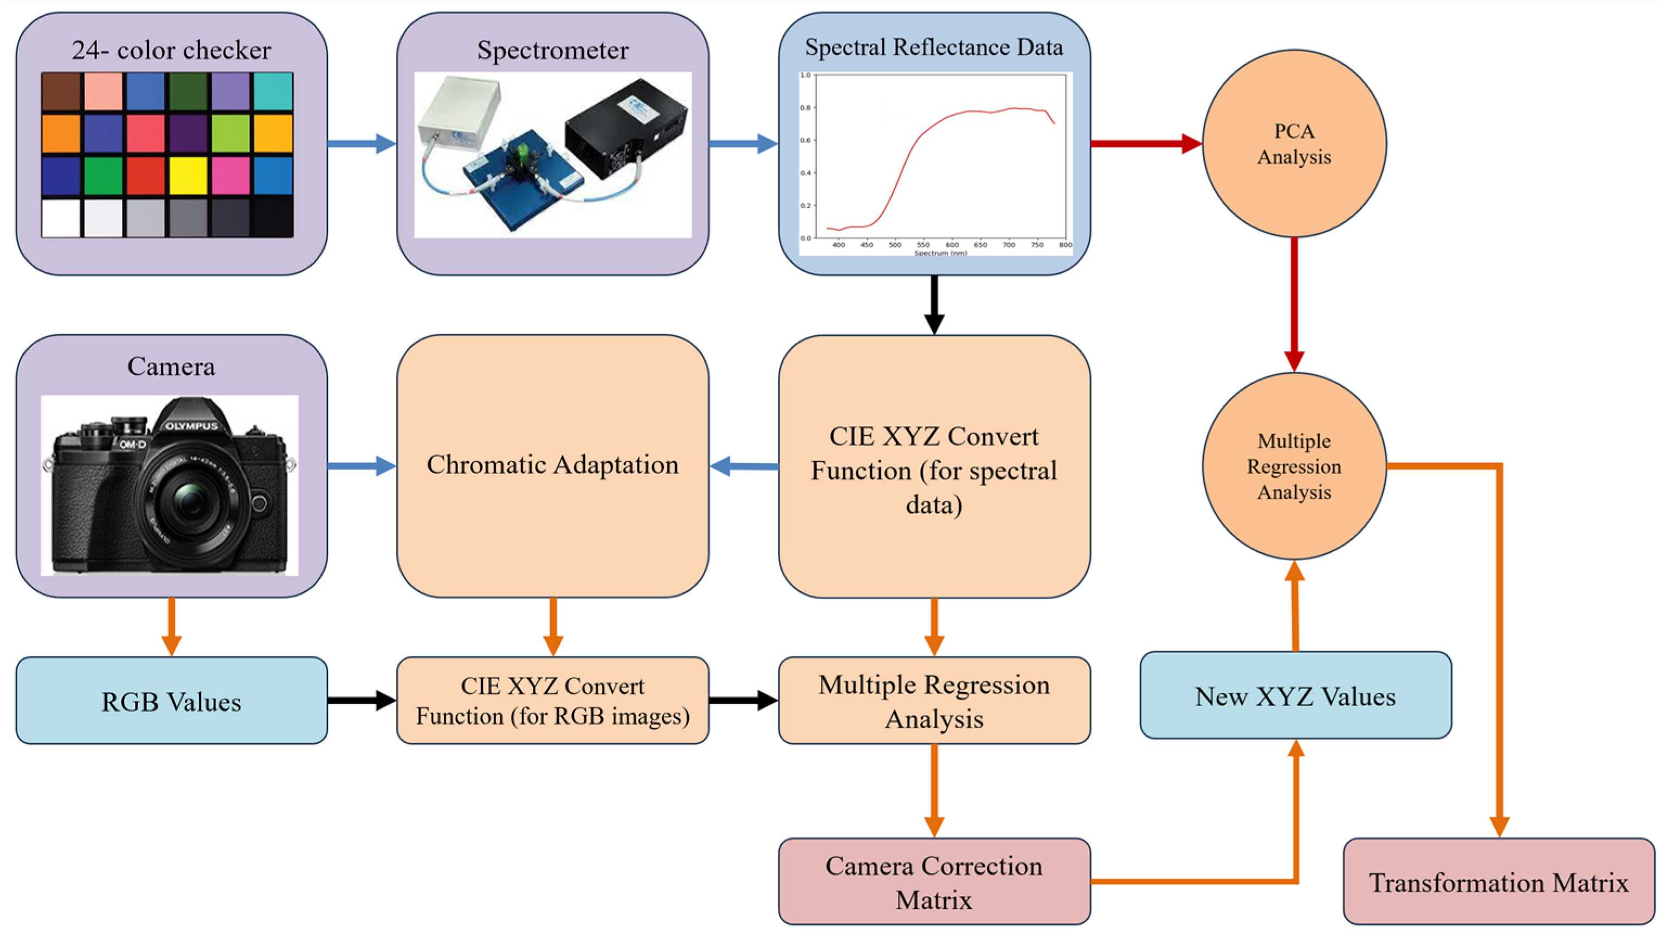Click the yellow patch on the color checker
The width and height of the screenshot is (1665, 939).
tap(188, 175)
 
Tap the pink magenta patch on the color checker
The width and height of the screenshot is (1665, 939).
tap(230, 175)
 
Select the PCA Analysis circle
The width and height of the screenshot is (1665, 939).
tap(1294, 144)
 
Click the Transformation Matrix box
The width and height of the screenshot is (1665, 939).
tap(1498, 882)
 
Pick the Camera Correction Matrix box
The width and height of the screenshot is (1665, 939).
tap(934, 882)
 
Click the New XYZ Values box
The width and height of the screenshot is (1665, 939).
tap(1295, 696)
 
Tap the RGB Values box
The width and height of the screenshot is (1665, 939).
tap(171, 701)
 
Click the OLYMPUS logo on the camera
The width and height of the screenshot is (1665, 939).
tap(191, 427)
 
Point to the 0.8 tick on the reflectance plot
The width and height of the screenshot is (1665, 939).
tap(805, 108)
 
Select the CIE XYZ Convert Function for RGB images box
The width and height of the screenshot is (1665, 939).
tap(553, 701)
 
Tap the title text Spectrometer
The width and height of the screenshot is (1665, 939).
tap(553, 50)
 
